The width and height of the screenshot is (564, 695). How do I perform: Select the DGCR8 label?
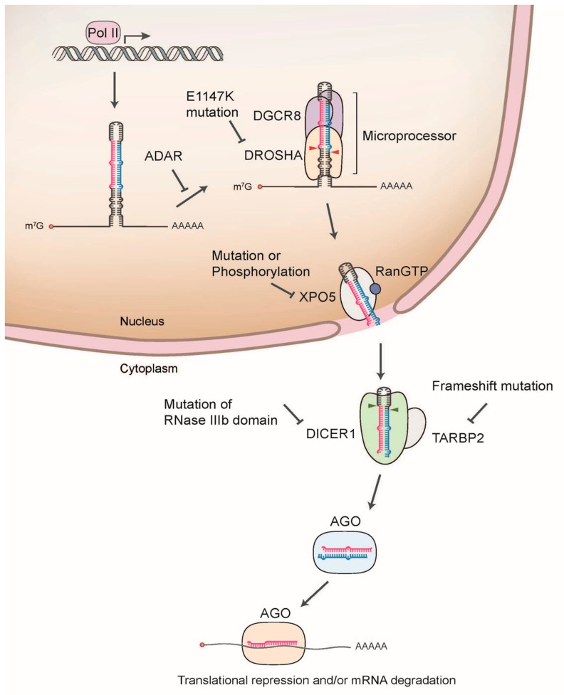277,115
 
